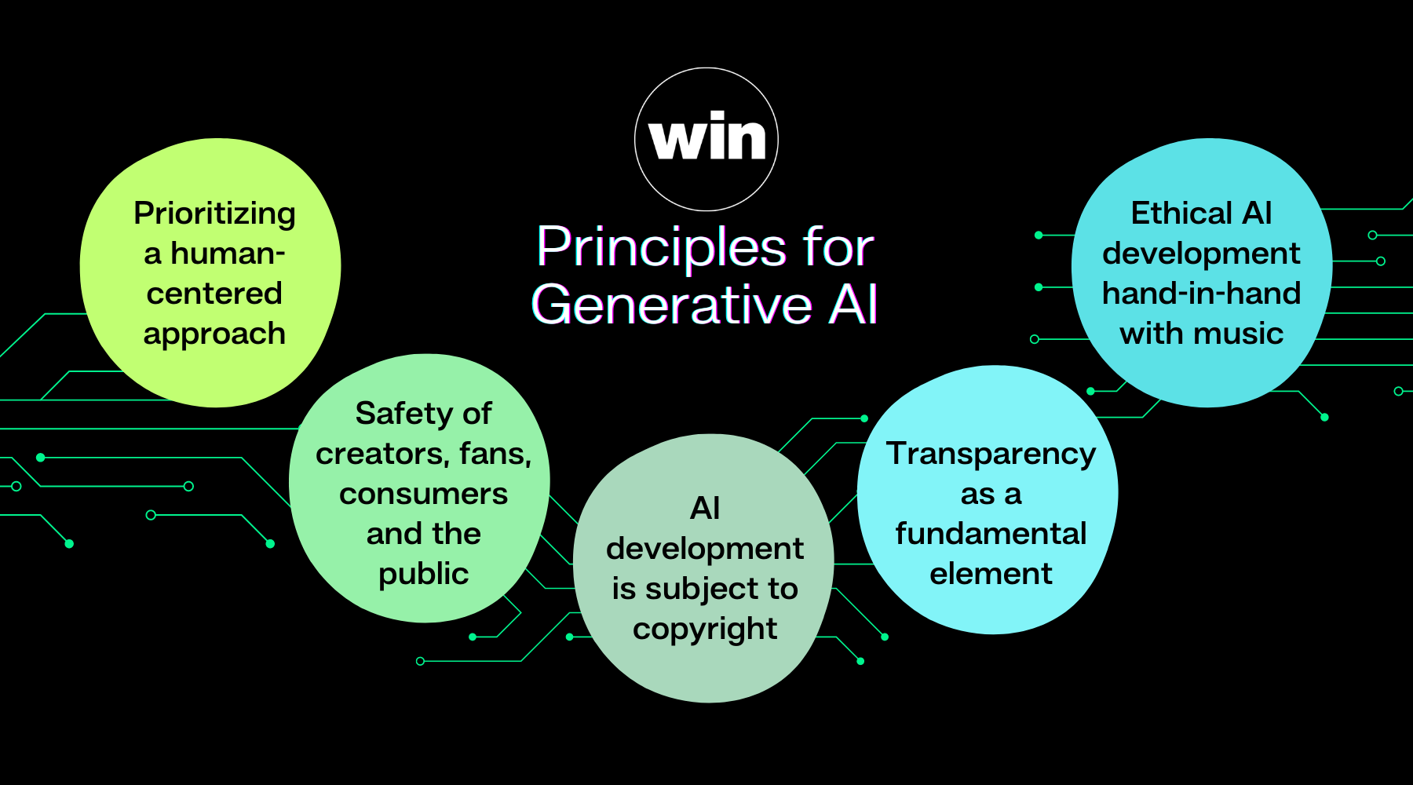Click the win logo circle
pos(706,139)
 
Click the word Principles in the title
pos(661,247)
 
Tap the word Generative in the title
pos(672,305)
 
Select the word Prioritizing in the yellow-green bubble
pos(214,214)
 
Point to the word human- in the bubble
pos(228,254)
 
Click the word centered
pos(214,294)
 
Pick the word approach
pos(214,334)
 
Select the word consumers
pos(423,494)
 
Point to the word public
pos(423,574)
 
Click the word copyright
pos(705,630)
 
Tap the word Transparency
pos(991,455)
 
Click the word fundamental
pos(991,534)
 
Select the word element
pos(991,574)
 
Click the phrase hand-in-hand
pos(1201,294)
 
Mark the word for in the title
pos(838,247)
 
